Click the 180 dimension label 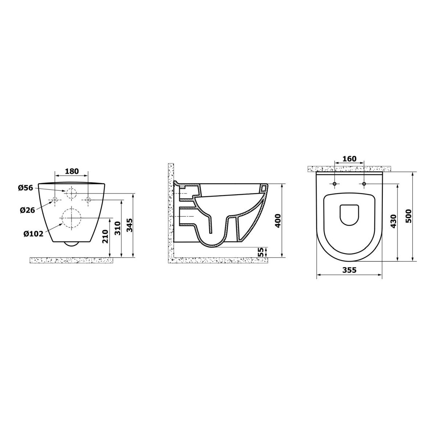pos(72,171)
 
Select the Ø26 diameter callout pos(27,210)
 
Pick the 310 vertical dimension pos(118,228)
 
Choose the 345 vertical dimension pos(129,225)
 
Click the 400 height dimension pos(278,220)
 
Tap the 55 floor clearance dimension pos(261,252)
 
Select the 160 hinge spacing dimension pos(349,159)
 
